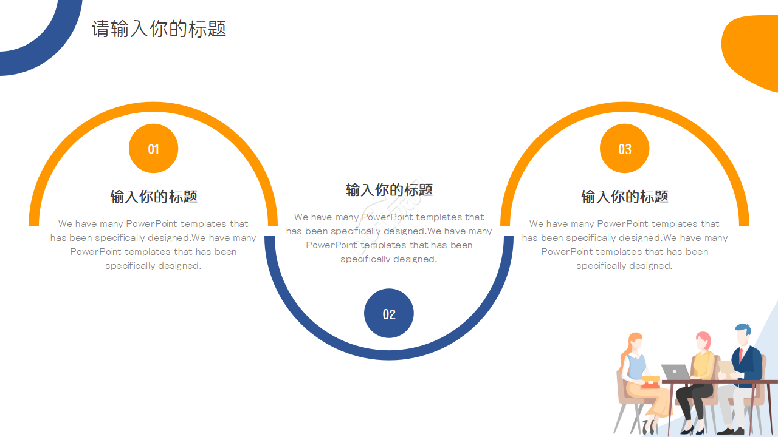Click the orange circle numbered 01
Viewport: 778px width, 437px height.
153,149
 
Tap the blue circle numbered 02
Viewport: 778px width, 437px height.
389,313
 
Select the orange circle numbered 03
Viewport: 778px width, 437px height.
624,149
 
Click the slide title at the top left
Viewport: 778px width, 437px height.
159,29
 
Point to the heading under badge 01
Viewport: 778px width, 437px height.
154,197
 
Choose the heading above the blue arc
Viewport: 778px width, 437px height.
389,190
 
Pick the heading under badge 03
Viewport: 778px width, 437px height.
625,197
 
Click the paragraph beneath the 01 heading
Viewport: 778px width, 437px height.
153,245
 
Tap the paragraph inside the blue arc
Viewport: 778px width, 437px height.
389,238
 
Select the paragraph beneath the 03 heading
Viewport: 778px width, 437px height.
625,245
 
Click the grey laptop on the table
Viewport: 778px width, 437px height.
676,371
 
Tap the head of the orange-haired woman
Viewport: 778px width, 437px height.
635,343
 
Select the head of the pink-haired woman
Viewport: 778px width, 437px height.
703,341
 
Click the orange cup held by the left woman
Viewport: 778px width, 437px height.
650,382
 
